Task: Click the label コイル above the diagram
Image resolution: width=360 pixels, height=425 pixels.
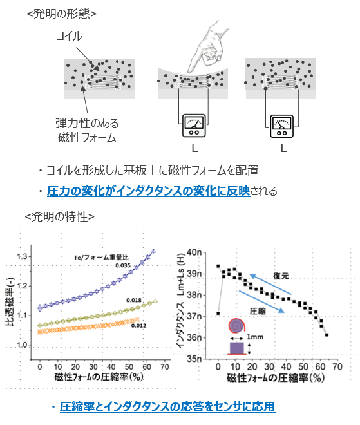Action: coord(69,37)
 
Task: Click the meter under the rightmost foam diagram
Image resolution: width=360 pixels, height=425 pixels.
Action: coord(282,124)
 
